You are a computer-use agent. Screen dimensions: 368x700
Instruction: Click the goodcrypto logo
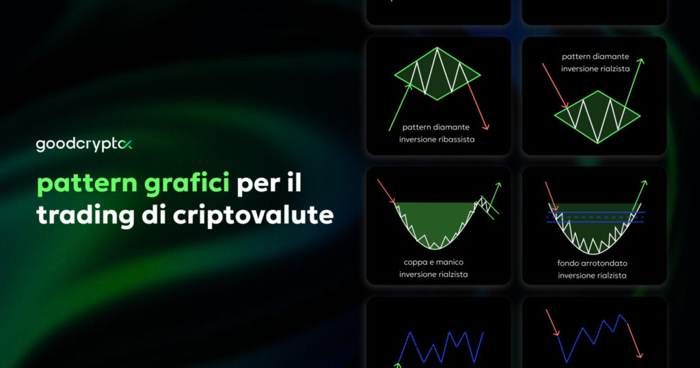pyautogui.click(x=84, y=144)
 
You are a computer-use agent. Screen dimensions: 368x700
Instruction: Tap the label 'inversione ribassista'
pyautogui.click(x=438, y=140)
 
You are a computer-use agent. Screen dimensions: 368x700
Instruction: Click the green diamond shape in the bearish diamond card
pyautogui.click(x=437, y=73)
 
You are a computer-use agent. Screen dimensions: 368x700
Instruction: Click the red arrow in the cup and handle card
pyautogui.click(x=387, y=192)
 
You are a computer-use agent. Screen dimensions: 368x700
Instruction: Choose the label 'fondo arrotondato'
pyautogui.click(x=593, y=263)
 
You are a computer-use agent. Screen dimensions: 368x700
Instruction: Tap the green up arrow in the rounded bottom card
pyautogui.click(x=638, y=196)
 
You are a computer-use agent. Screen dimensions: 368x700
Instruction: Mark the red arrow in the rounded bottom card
pyautogui.click(x=552, y=196)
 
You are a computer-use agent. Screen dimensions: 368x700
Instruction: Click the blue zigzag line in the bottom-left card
pyautogui.click(x=441, y=346)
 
